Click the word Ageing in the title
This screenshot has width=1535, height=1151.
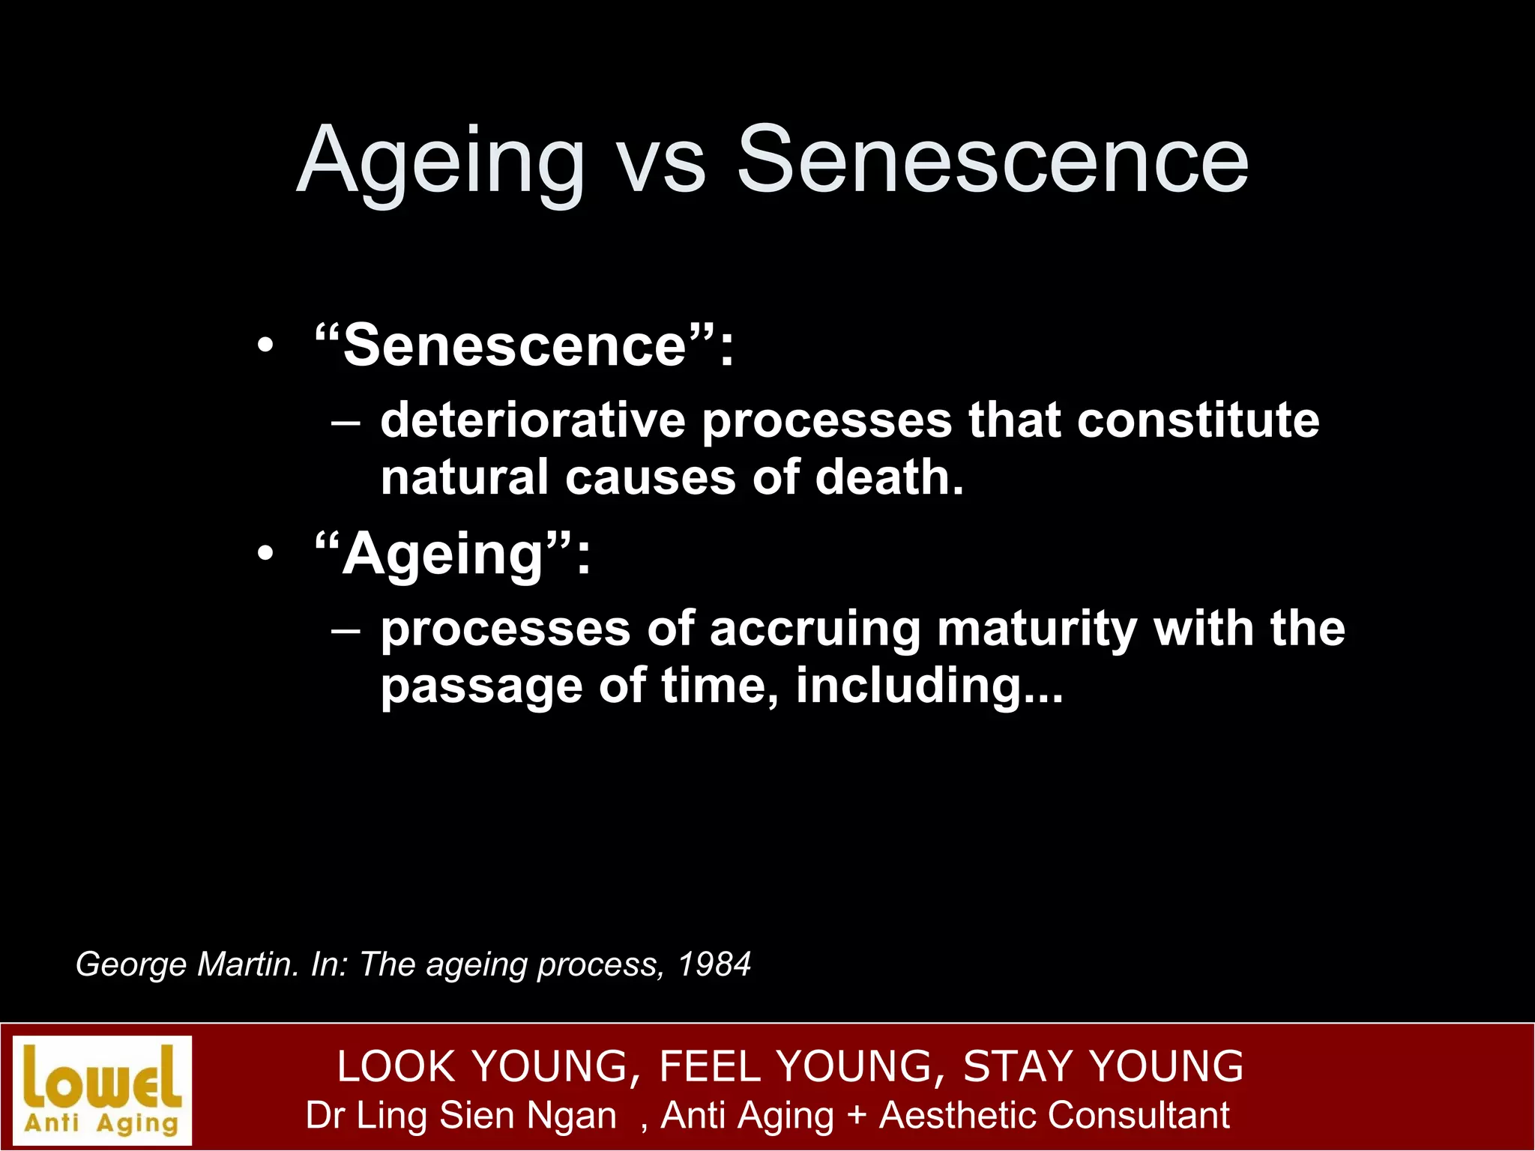(x=441, y=161)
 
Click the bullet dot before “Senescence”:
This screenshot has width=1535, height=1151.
(x=265, y=348)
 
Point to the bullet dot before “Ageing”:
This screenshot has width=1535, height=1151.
(x=265, y=555)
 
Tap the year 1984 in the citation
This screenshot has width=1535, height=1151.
(x=714, y=964)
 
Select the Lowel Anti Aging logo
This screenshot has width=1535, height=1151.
(x=103, y=1090)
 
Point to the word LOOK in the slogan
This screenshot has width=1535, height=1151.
(x=396, y=1066)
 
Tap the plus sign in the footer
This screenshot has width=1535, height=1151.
(x=856, y=1115)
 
